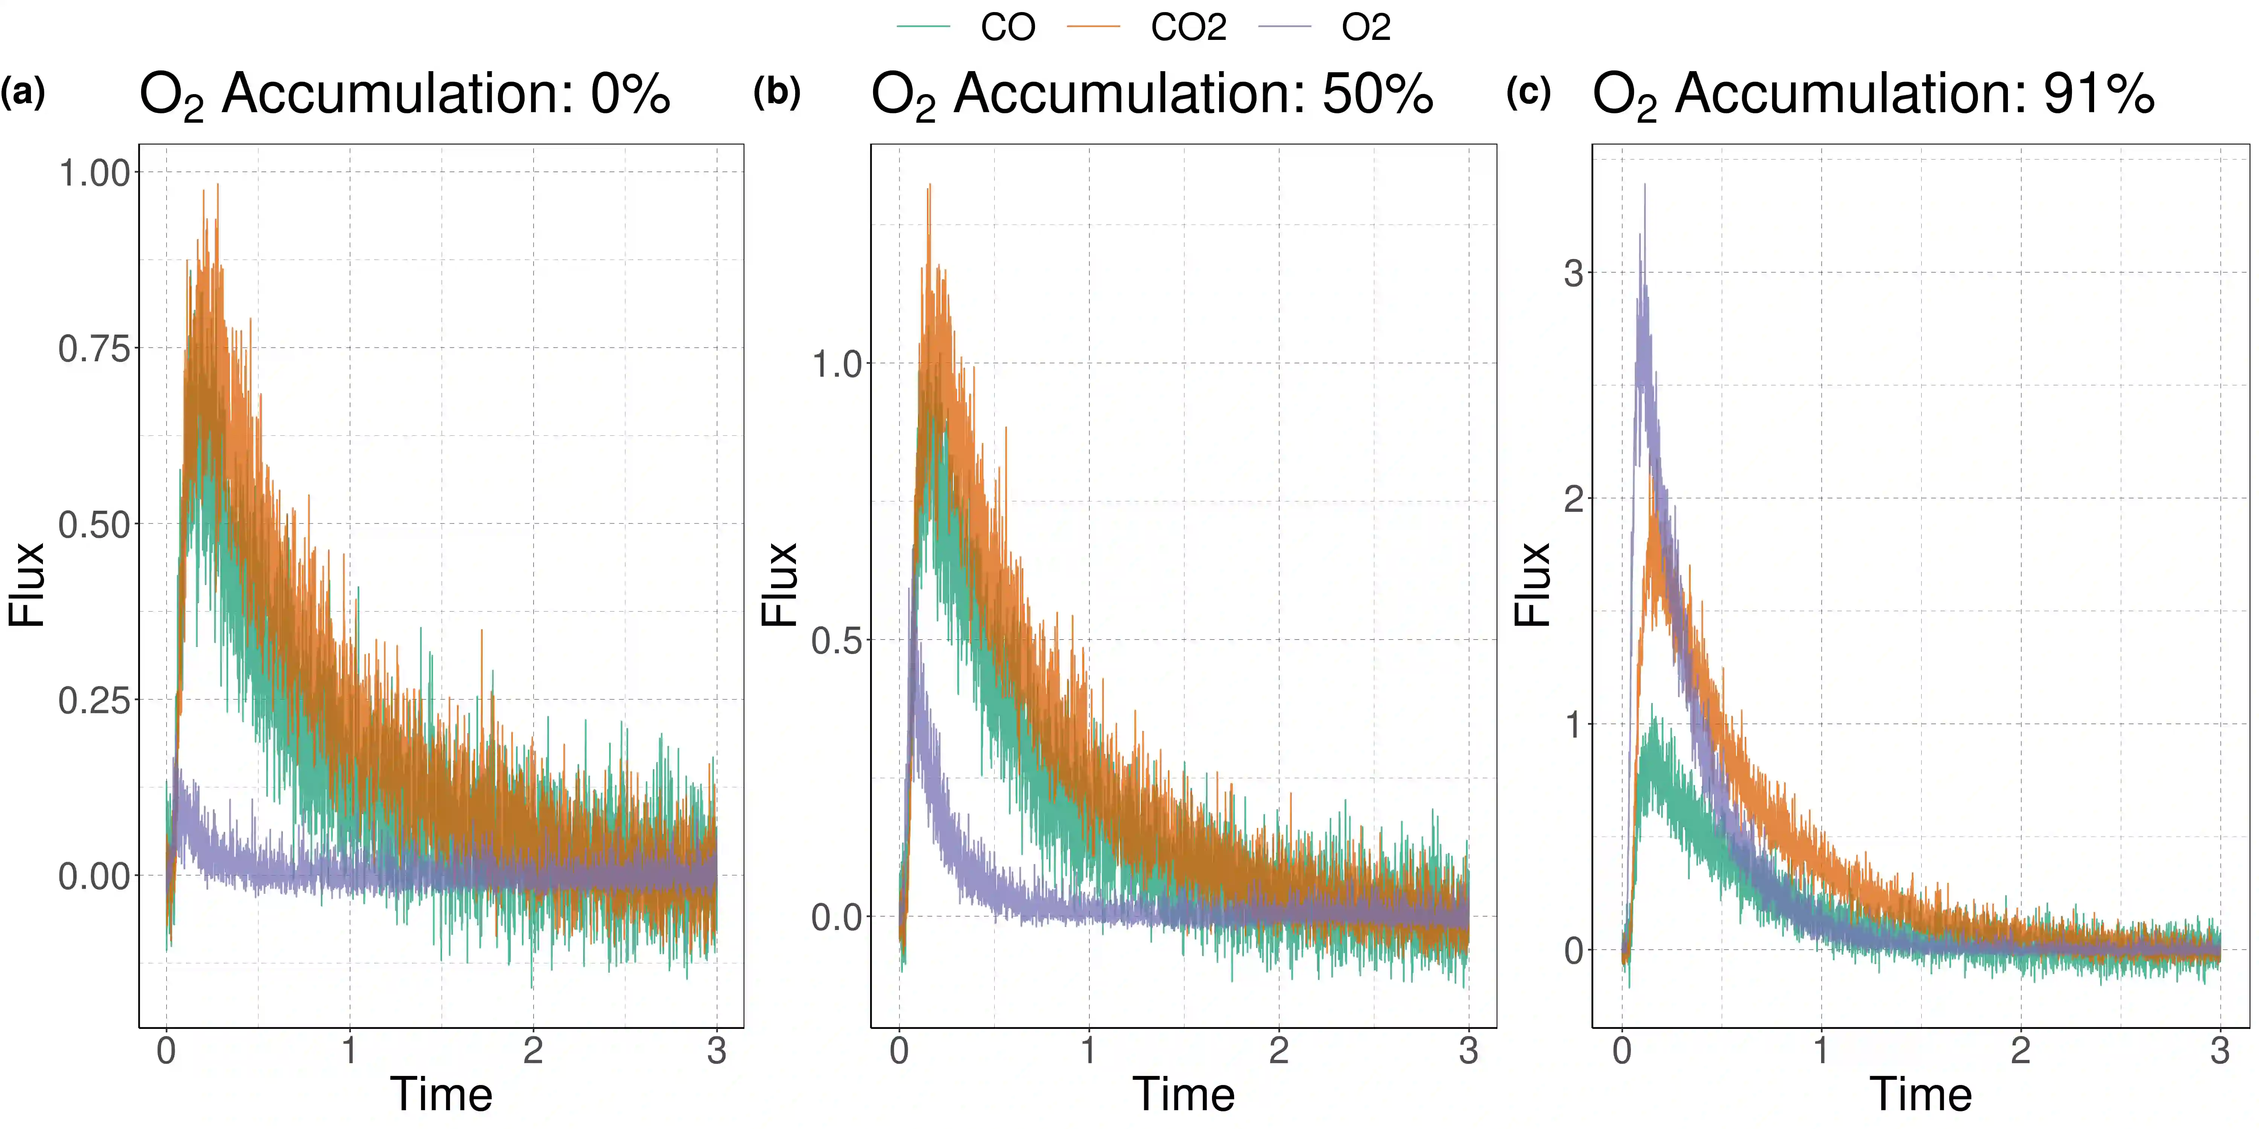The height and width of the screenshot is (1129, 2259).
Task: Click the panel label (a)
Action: (x=23, y=92)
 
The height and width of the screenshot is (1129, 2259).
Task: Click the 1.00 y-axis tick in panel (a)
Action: (x=95, y=173)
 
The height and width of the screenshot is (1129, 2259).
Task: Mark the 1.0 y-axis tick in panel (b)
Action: (x=837, y=364)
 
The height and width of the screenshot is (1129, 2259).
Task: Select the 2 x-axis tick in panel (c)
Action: (x=2020, y=1050)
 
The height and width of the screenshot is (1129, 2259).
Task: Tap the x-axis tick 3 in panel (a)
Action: (x=716, y=1050)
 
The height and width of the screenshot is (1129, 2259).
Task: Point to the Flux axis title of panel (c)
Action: (x=1533, y=585)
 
